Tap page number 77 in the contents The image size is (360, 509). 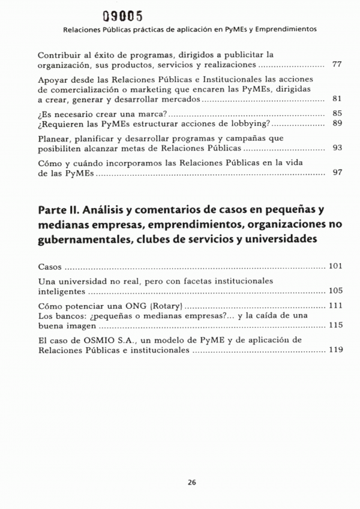tap(337, 64)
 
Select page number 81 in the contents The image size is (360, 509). tap(337, 98)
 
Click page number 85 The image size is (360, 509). tap(337, 113)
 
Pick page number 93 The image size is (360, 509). tap(337, 147)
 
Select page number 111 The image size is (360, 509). tap(335, 306)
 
